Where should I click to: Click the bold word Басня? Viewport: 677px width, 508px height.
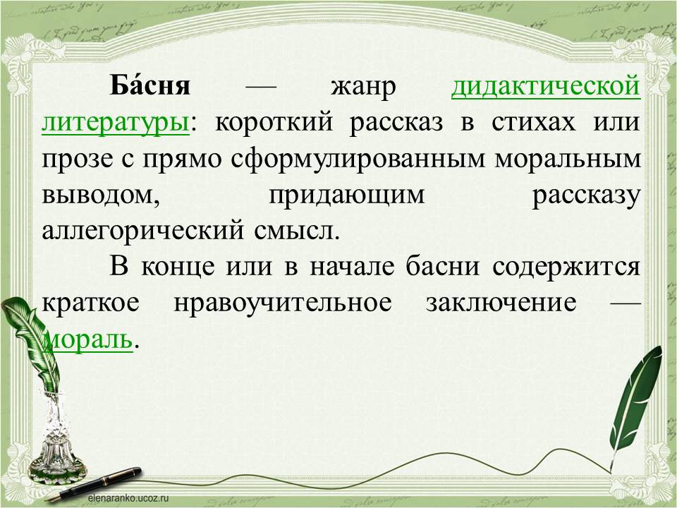tap(150, 85)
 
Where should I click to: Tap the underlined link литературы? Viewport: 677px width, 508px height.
tap(115, 123)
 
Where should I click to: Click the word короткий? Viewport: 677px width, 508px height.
tap(274, 123)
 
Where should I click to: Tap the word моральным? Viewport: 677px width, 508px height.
tap(568, 159)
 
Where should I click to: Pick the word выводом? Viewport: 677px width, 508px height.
tap(101, 195)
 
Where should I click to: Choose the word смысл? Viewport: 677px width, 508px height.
tap(297, 232)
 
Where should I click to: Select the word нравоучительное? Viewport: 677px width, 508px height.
tap(283, 303)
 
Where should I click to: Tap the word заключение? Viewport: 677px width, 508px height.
tap(501, 303)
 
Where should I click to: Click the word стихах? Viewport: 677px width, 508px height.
tap(533, 123)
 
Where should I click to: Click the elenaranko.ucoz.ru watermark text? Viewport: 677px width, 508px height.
tap(128, 498)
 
